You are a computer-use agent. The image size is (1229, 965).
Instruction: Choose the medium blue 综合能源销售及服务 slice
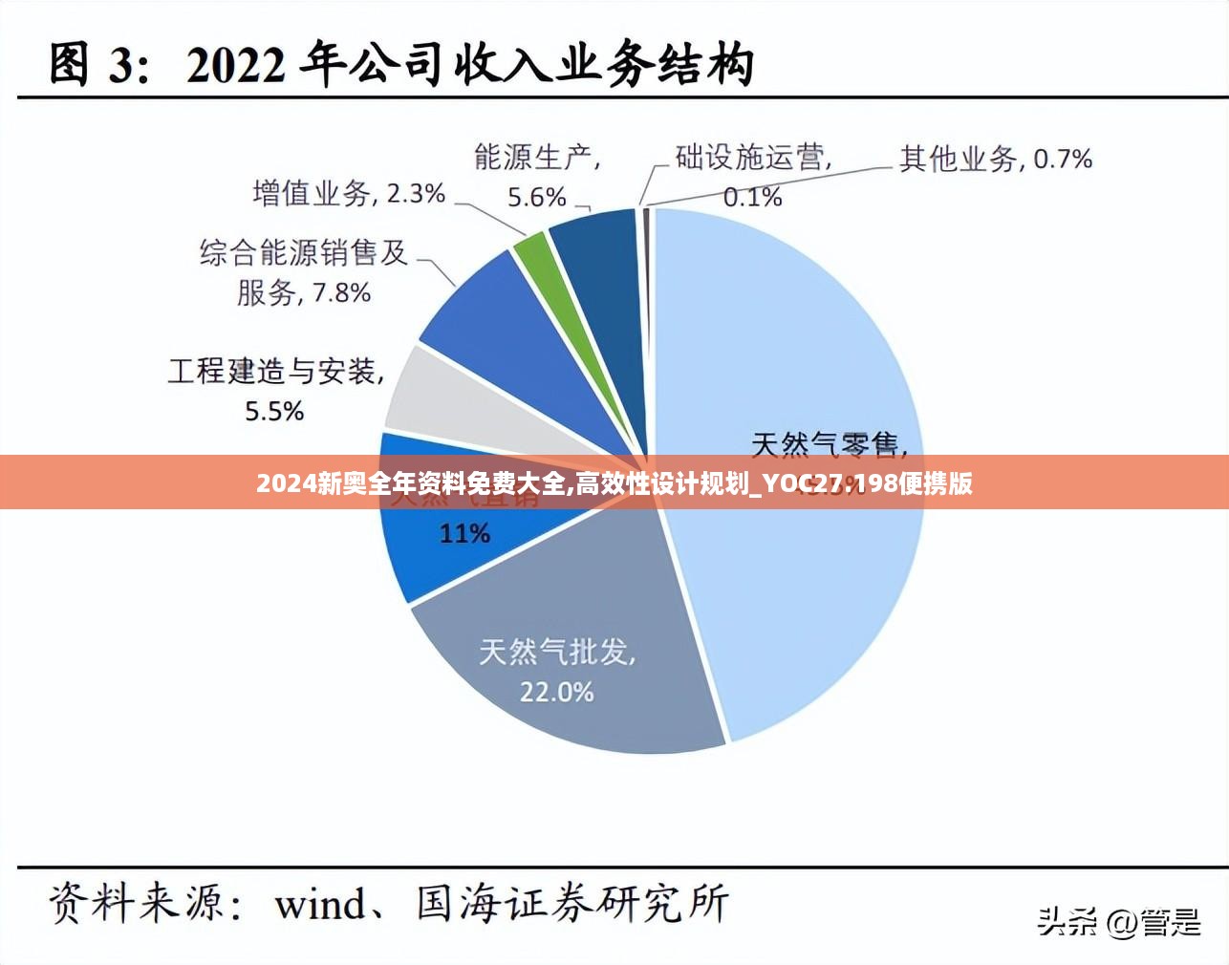[497, 325]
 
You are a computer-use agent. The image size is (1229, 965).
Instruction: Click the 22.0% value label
[556, 691]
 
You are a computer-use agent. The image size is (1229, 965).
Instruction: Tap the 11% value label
[464, 533]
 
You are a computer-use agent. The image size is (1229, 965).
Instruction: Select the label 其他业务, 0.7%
[995, 159]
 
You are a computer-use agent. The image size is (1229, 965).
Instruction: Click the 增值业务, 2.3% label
[349, 194]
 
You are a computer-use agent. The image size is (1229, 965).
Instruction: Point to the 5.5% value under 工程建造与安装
[274, 411]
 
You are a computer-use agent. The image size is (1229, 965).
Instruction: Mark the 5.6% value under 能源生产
[536, 197]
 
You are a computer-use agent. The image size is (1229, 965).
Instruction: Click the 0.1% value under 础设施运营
[752, 197]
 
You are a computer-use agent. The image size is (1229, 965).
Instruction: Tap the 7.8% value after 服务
[341, 292]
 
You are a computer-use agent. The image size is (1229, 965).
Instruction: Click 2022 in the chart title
[235, 65]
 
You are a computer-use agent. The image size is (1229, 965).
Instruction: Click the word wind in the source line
[320, 903]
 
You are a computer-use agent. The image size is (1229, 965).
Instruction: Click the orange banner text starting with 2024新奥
[614, 483]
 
